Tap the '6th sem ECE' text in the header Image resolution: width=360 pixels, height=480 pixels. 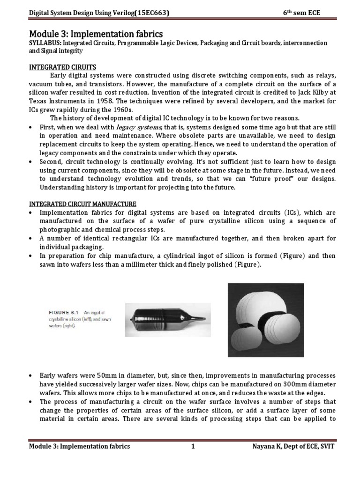(x=301, y=13)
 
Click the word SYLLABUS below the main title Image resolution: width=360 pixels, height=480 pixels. (x=45, y=43)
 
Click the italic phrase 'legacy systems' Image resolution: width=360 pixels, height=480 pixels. (x=142, y=127)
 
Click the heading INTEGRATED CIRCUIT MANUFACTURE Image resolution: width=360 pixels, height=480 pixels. (x=82, y=204)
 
